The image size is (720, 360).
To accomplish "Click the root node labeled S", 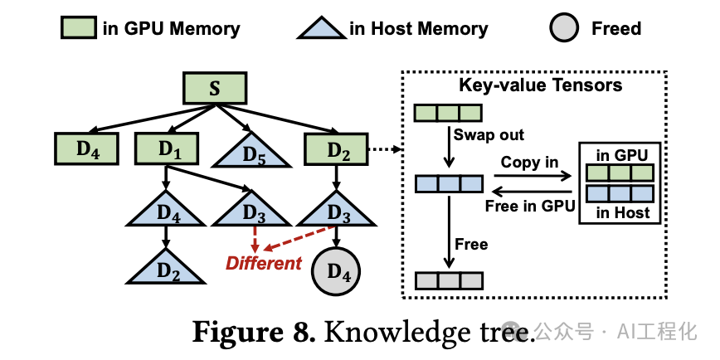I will [215, 88].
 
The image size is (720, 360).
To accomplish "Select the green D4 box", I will [85, 148].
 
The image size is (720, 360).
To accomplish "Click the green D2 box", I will [335, 148].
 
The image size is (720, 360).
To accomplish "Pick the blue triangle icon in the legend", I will [320, 29].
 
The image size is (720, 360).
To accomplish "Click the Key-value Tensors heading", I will [540, 85].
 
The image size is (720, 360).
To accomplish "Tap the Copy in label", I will [529, 162].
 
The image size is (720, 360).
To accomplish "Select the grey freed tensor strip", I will [448, 280].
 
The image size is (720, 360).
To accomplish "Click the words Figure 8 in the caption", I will [253, 332].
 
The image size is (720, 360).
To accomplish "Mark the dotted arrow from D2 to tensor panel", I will [382, 149].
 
